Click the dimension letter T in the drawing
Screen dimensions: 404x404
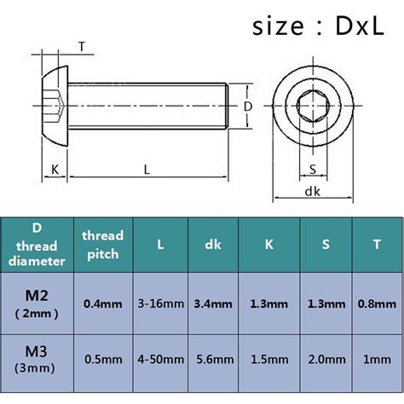(81, 46)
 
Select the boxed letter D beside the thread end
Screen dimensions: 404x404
(248, 107)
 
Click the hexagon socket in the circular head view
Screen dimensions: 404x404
(312, 107)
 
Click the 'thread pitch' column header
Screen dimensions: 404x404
(102, 244)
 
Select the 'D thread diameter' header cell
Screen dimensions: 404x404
(37, 244)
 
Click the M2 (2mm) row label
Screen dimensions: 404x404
(37, 303)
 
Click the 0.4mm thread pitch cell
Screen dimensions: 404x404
(102, 303)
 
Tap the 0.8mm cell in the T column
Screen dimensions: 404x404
(375, 303)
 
